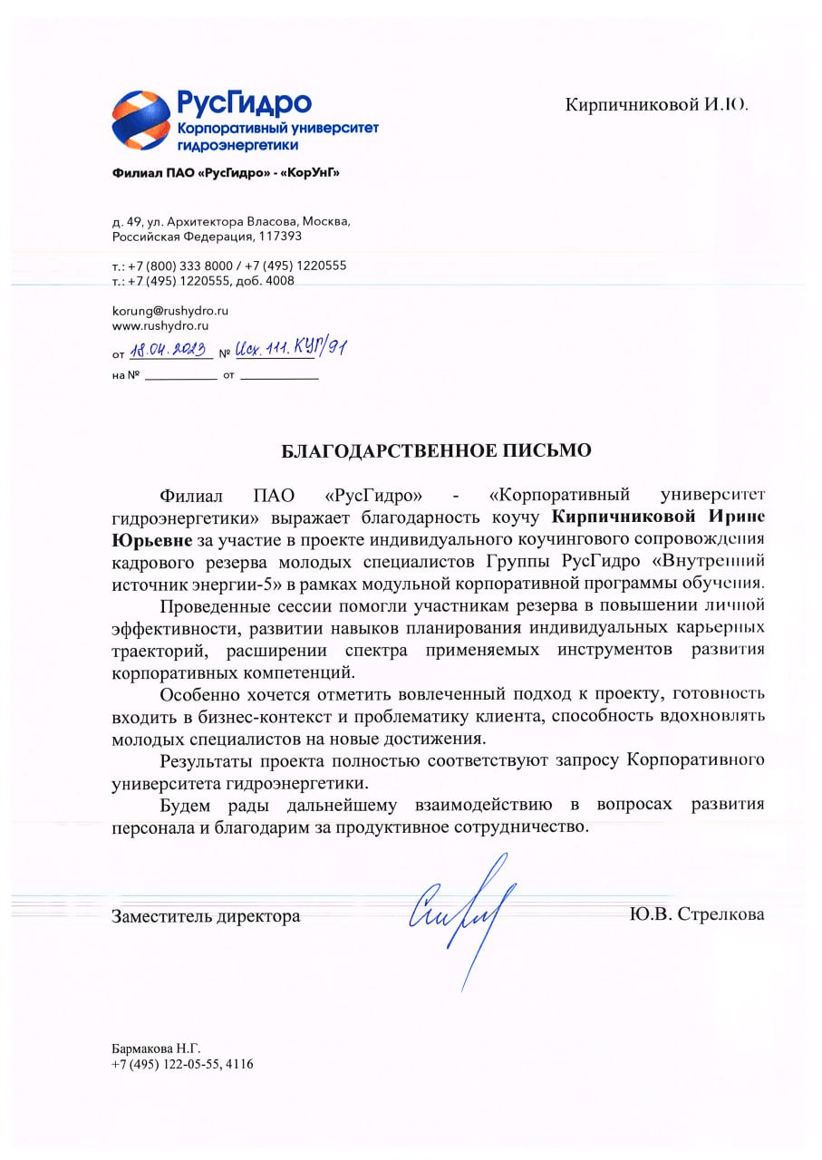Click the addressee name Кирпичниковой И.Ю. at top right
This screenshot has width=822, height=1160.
pyautogui.click(x=656, y=104)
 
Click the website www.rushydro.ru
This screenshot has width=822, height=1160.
pyautogui.click(x=160, y=324)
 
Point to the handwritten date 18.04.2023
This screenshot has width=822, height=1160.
pyautogui.click(x=169, y=350)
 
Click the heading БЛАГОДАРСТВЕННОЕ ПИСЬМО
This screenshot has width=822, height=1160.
pyautogui.click(x=435, y=450)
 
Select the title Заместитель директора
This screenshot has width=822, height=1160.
pyautogui.click(x=206, y=915)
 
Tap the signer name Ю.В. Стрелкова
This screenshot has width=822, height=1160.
pyautogui.click(x=696, y=913)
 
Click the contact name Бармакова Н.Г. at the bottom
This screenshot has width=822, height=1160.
pyautogui.click(x=150, y=1049)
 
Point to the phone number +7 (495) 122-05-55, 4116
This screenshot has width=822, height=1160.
pyautogui.click(x=182, y=1064)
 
